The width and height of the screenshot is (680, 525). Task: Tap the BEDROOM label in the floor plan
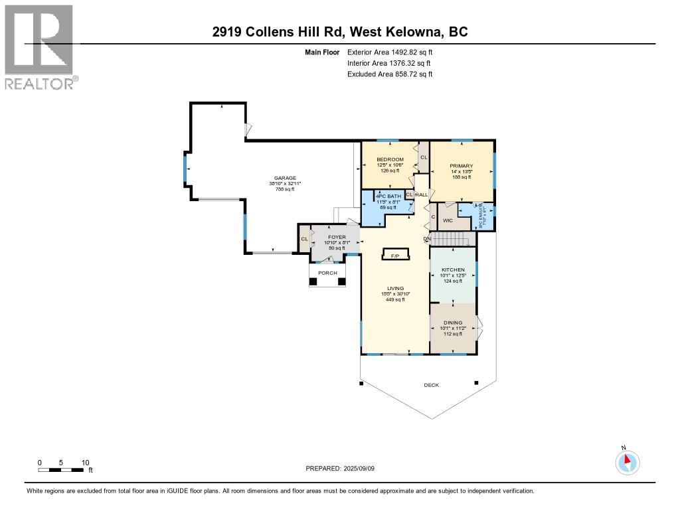[x=390, y=160]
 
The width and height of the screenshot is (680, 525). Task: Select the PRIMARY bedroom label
[x=461, y=166]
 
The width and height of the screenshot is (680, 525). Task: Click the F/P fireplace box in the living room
[x=394, y=256]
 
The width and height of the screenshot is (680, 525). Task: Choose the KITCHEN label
[x=453, y=270]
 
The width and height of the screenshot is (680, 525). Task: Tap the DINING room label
[x=453, y=323]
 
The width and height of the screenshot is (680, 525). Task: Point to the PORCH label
[x=327, y=273]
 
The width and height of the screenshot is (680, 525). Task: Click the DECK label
[x=431, y=385]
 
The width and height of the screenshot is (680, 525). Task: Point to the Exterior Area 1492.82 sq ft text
[x=390, y=52]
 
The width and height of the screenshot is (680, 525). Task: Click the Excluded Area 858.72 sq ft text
[x=390, y=74]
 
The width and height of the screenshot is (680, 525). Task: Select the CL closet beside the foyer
[x=303, y=239]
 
